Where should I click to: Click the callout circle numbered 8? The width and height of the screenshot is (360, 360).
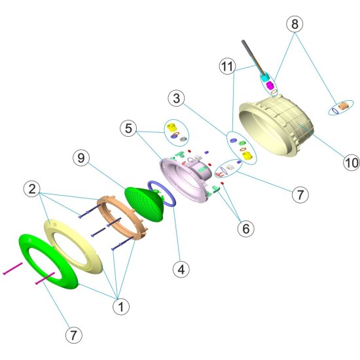tap(295, 24)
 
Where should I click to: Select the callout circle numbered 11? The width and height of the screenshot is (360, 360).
tap(228, 66)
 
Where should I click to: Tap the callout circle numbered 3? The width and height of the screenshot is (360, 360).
tap(176, 98)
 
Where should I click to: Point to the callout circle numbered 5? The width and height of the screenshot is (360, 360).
tap(128, 128)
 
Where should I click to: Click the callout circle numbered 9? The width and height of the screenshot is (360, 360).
tap(81, 158)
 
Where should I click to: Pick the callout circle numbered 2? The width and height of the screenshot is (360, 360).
tap(32, 189)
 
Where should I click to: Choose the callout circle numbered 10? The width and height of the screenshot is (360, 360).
tap(351, 162)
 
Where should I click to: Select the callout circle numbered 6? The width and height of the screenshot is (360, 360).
tap(246, 228)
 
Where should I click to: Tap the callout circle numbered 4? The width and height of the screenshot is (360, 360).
tap(181, 269)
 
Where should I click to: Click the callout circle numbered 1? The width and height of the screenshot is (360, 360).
tap(121, 306)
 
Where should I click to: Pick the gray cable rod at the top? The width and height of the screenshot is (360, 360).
tap(253, 58)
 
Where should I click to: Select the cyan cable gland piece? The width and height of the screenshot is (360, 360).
tap(265, 77)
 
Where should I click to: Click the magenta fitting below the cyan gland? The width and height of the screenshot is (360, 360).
tap(270, 86)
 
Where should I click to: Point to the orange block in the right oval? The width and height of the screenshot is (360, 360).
tap(344, 105)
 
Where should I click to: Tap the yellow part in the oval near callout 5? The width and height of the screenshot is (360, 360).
tap(171, 128)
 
